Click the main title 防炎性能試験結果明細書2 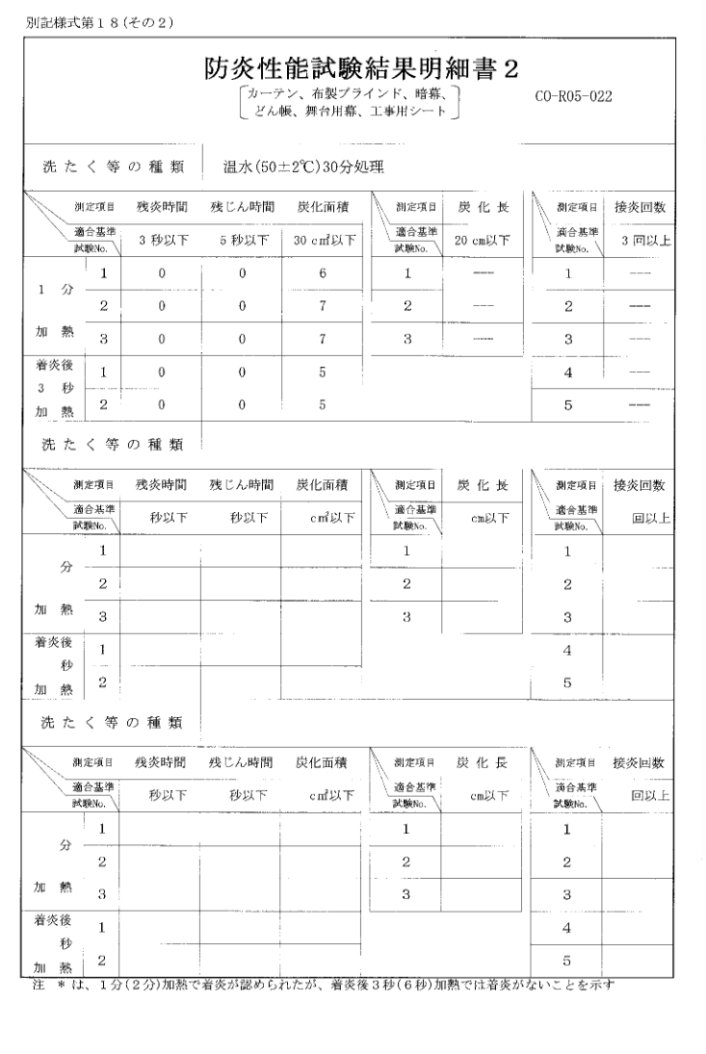[362, 68]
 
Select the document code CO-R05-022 [574, 96]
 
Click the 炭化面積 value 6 [323, 273]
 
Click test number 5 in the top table [568, 404]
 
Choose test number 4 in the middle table [568, 650]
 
